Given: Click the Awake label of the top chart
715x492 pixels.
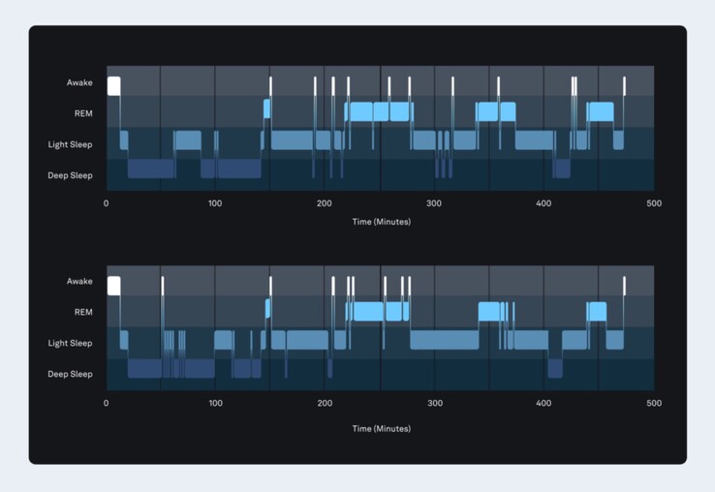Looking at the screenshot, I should pyautogui.click(x=79, y=83).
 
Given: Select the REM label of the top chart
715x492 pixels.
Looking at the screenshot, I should pyautogui.click(x=83, y=113).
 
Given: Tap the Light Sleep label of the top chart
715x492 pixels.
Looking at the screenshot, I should pyautogui.click(x=71, y=145).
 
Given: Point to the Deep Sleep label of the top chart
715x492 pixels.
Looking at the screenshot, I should pyautogui.click(x=71, y=175).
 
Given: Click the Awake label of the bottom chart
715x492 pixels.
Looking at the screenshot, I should pyautogui.click(x=79, y=282).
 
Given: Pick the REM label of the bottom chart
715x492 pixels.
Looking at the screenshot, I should pyautogui.click(x=83, y=312).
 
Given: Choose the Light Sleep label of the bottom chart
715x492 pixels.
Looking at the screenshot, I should pyautogui.click(x=71, y=343).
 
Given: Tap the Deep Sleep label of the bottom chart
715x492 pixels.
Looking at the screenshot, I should pyautogui.click(x=71, y=374).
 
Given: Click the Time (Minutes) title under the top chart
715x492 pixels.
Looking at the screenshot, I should pyautogui.click(x=381, y=222).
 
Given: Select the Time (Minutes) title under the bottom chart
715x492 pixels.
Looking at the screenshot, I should pyautogui.click(x=381, y=428).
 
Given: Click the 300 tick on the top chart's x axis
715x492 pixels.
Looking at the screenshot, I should pyautogui.click(x=435, y=204).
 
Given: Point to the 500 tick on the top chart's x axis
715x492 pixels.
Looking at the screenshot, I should pyautogui.click(x=654, y=204).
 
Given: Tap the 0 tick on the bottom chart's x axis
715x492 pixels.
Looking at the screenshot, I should pyautogui.click(x=107, y=403).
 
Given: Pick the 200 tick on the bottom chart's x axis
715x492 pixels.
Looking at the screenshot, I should pyautogui.click(x=326, y=403).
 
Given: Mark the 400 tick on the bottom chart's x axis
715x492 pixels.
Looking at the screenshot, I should pyautogui.click(x=544, y=403).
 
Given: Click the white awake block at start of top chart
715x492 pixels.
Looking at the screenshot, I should pyautogui.click(x=113, y=85).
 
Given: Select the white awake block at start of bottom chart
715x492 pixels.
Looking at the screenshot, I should pyautogui.click(x=113, y=285).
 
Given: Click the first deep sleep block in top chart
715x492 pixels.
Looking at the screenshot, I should pyautogui.click(x=151, y=169).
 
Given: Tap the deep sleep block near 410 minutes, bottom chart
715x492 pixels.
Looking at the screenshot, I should pyautogui.click(x=555, y=368).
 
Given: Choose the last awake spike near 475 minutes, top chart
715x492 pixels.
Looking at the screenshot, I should pyautogui.click(x=624, y=85).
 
